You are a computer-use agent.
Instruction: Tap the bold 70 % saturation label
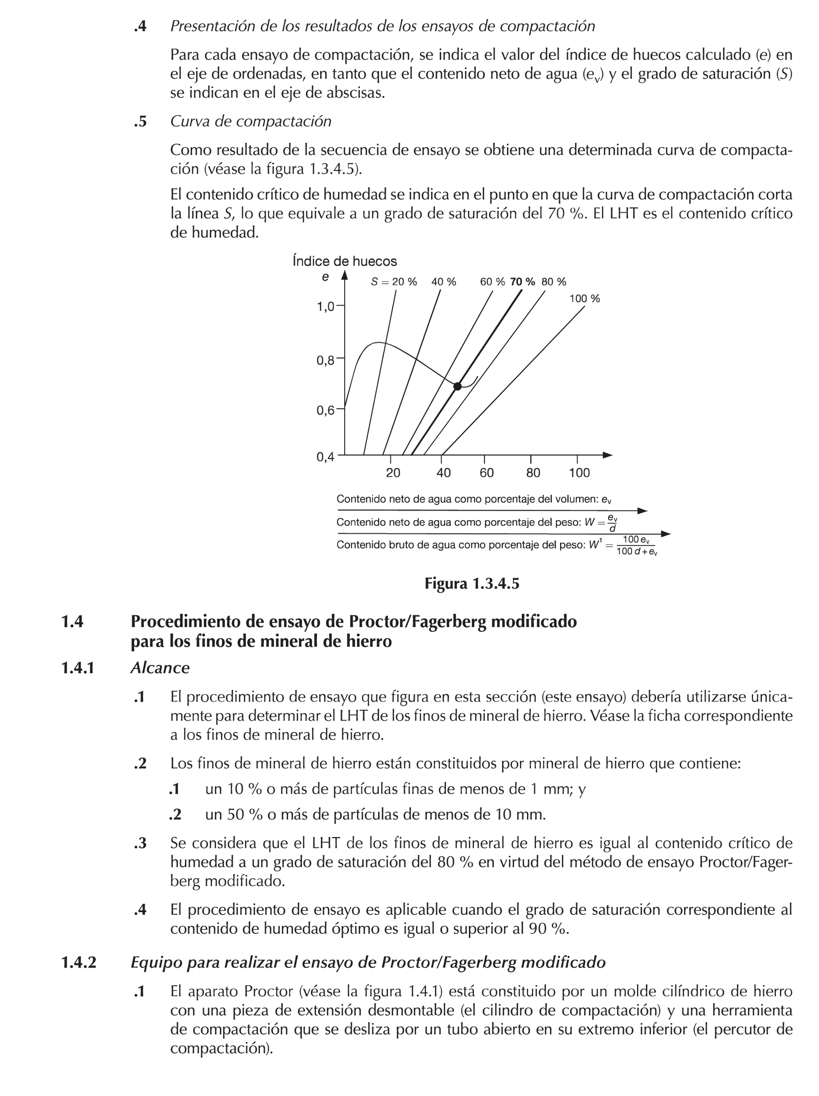522,282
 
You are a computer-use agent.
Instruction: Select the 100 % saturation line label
584,299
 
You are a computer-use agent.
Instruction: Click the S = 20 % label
394,282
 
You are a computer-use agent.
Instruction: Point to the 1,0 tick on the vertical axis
326,307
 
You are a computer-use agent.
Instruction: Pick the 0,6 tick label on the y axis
326,410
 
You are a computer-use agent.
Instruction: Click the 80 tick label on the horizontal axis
532,473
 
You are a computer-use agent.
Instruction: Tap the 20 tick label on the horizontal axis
393,473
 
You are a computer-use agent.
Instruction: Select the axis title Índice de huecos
345,261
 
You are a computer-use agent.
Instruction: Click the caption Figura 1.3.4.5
472,584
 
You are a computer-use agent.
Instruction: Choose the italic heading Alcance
159,668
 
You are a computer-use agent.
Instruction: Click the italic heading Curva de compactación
251,121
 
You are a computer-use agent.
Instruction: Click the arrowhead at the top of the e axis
345,275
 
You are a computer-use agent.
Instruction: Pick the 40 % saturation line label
443,282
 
